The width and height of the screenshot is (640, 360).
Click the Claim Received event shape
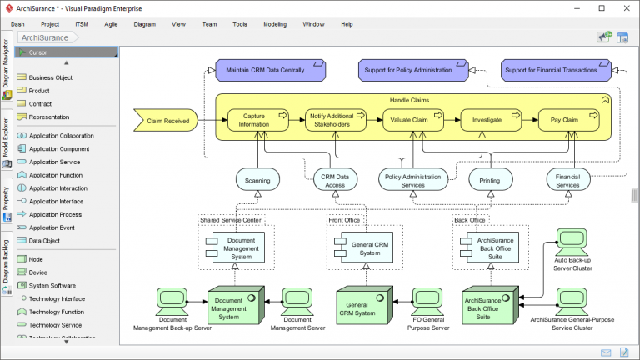pyautogui.click(x=166, y=121)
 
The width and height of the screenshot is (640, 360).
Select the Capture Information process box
pyautogui.click(x=254, y=121)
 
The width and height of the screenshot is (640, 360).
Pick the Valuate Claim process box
pyautogui.click(x=409, y=121)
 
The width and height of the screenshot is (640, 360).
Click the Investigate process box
pyautogui.click(x=487, y=121)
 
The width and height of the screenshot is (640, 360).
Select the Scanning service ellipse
pyautogui.click(x=257, y=179)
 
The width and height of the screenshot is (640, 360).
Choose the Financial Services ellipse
pyautogui.click(x=568, y=179)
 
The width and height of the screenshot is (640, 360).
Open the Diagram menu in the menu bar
pyautogui.click(x=144, y=24)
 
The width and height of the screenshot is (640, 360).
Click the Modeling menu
pyautogui.click(x=275, y=24)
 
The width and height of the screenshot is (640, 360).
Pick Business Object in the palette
pyautogui.click(x=50, y=77)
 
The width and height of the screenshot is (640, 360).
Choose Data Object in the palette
pyautogui.click(x=46, y=240)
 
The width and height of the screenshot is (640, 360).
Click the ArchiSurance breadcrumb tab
pyautogui.click(x=45, y=37)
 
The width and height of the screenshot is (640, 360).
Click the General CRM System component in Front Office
pyautogui.click(x=365, y=247)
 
